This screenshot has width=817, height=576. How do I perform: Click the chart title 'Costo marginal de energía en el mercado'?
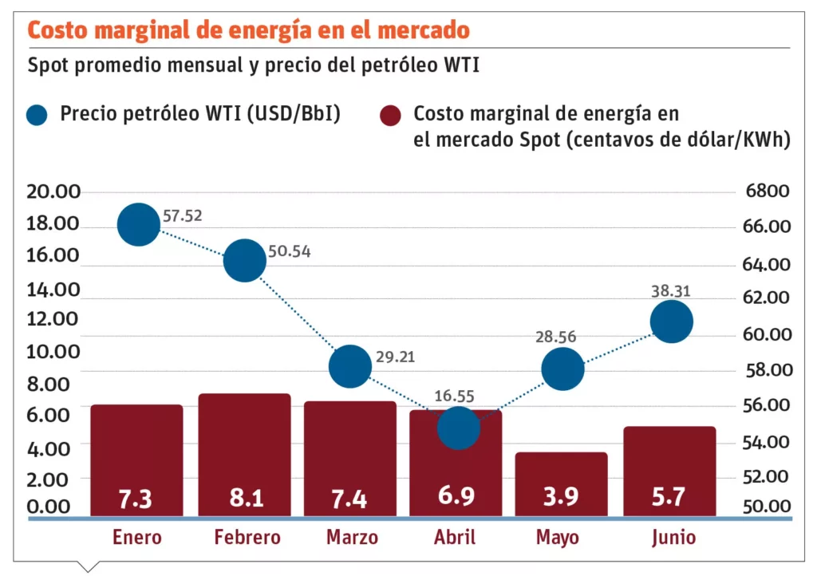pos(248,30)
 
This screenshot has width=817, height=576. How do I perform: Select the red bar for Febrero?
pos(244,447)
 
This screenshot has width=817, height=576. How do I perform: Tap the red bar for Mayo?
pos(562,479)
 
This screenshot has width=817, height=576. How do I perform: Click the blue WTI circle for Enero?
pos(139,224)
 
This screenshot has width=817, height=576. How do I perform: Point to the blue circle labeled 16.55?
pos(459,428)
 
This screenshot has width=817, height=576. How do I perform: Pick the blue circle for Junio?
pos(671,322)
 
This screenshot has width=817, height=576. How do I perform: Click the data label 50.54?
pos(290,252)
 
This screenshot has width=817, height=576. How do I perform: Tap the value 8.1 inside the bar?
pos(244,498)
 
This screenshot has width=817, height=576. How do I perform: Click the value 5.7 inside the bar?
pos(669,497)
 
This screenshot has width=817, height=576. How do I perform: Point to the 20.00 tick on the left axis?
pos(53,191)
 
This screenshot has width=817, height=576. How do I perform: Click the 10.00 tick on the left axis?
pos(53,351)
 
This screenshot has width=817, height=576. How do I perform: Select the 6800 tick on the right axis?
pos(766,191)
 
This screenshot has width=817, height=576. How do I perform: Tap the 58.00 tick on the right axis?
pos(766,370)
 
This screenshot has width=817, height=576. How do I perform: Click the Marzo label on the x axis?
pos(352,538)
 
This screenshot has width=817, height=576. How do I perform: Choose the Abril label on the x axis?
pos(457,538)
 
